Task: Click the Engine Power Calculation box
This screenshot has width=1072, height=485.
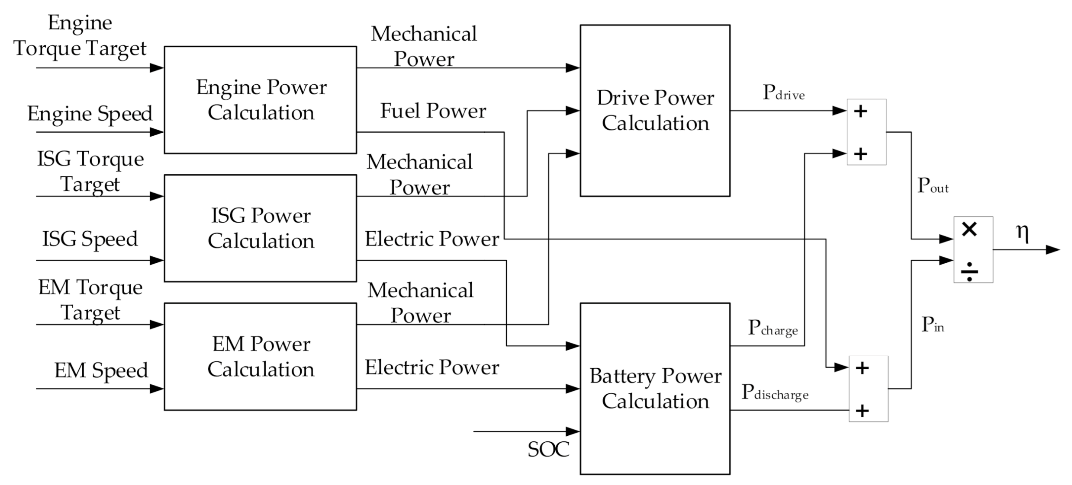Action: click(260, 100)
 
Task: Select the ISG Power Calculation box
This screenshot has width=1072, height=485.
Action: click(260, 228)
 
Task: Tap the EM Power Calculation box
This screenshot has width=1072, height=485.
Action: click(260, 356)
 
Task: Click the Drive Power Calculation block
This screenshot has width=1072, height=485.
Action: click(654, 110)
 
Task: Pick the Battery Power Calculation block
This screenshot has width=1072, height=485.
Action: click(654, 388)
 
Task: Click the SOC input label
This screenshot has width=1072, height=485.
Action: click(548, 450)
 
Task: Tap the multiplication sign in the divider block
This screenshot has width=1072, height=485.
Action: click(969, 229)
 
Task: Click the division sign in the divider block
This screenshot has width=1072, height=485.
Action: click(969, 271)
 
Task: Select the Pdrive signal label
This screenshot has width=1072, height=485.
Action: click(783, 93)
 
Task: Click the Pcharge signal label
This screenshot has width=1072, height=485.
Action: click(773, 328)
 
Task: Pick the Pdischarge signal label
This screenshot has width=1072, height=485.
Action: click(775, 392)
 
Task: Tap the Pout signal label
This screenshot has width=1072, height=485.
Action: click(933, 186)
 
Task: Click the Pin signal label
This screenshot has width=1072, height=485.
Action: click(933, 325)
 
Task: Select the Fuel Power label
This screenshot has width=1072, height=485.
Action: click(433, 111)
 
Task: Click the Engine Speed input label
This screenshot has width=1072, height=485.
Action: click(90, 114)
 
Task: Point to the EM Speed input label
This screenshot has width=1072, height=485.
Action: click(101, 371)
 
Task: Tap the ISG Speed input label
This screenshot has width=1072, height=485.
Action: click(90, 239)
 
